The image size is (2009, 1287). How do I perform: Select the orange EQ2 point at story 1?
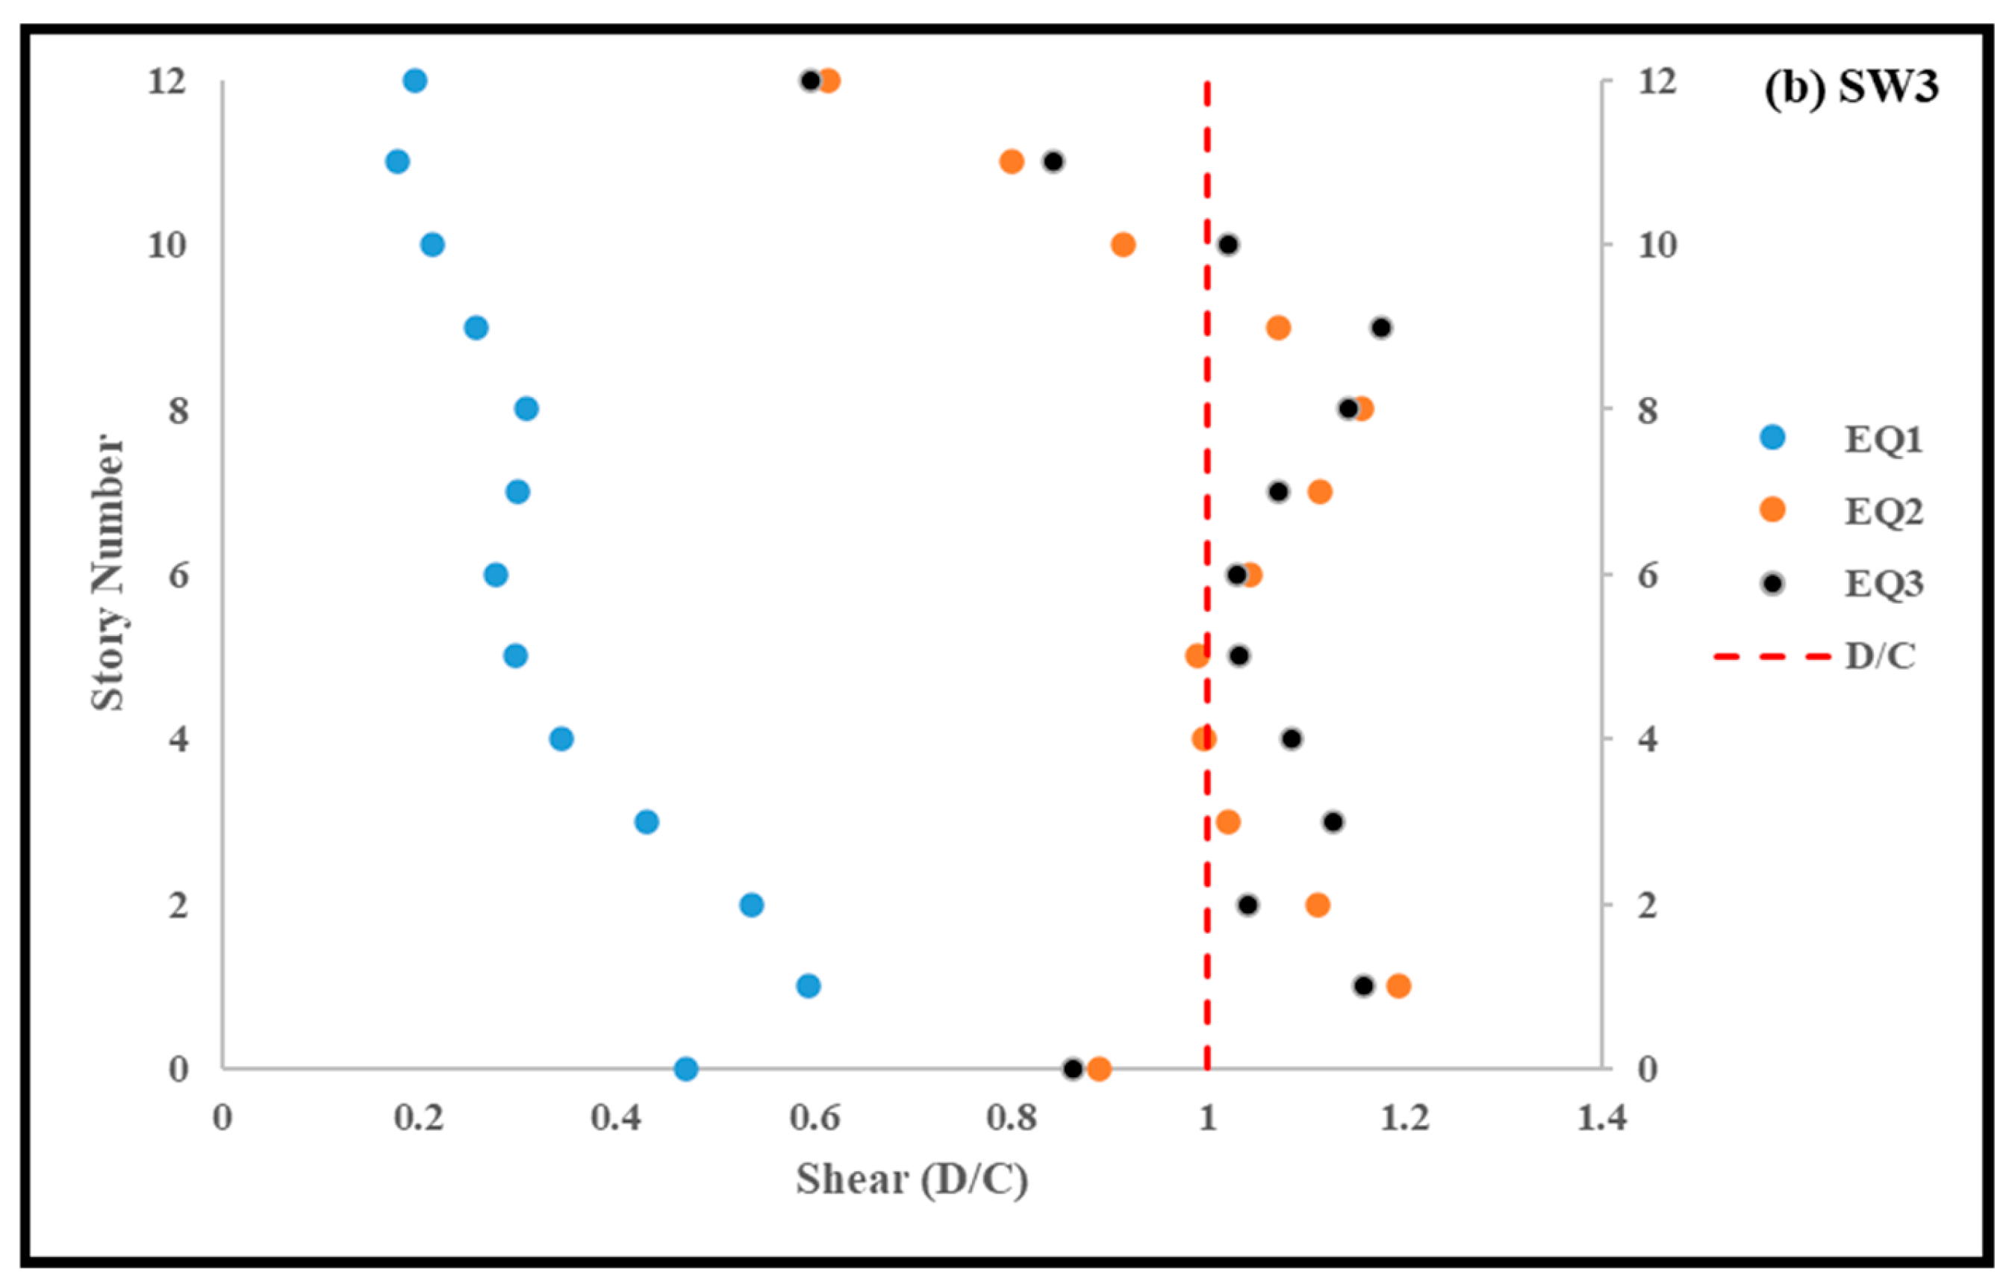pos(1398,986)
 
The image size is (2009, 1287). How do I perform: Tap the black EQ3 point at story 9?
pos(1381,328)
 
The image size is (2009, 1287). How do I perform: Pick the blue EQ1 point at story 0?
pos(685,1069)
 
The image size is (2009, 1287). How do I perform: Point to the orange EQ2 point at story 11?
pos(1011,161)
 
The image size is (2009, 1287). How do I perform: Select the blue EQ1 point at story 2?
pos(751,904)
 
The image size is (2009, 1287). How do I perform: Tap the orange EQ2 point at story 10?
pos(1123,245)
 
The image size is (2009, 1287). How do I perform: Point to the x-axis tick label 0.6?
pos(814,1118)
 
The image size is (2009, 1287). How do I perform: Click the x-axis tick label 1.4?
pos(1602,1118)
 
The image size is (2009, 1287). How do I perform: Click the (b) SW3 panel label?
pos(1851,86)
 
